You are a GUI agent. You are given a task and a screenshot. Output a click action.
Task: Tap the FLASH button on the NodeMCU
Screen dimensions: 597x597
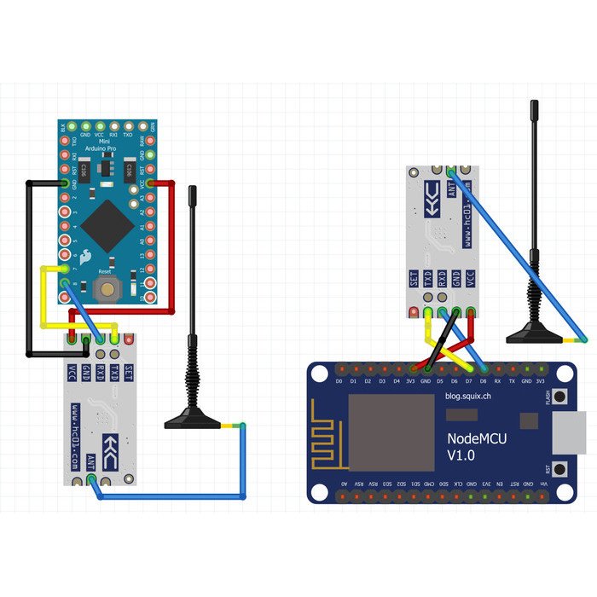tap(559, 397)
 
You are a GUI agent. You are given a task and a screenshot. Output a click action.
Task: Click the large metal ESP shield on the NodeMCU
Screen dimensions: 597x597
tap(391, 432)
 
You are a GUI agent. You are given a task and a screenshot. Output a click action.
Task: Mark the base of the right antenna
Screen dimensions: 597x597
tap(535, 334)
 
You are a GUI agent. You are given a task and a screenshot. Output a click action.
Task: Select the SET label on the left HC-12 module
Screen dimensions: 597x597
tap(129, 372)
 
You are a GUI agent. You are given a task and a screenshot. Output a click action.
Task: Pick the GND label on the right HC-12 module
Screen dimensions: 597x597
tap(456, 279)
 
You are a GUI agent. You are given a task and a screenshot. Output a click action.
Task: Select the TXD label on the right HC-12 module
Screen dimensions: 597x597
tap(428, 279)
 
